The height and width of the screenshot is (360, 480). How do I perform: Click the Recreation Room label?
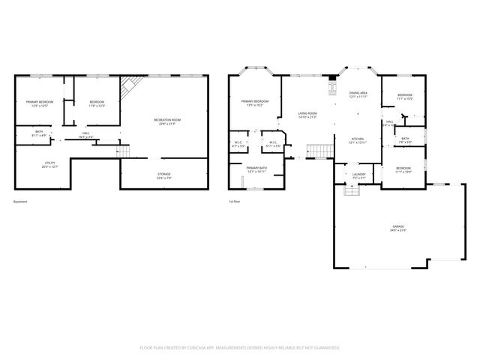pyautogui.click(x=167, y=121)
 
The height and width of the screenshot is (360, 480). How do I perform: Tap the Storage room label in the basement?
pyautogui.click(x=163, y=175)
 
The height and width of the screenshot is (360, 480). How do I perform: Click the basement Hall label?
pyautogui.click(x=86, y=135)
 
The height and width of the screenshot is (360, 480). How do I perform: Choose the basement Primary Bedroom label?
pyautogui.click(x=39, y=103)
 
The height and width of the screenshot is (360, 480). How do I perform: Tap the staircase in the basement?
pyautogui.click(x=126, y=152)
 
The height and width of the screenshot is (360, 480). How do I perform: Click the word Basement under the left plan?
pyautogui.click(x=21, y=202)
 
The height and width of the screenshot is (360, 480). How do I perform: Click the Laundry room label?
pyautogui.click(x=358, y=175)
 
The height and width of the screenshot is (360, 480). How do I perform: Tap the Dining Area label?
pyautogui.click(x=358, y=95)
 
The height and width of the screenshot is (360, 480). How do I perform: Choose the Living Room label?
pyautogui.click(x=307, y=115)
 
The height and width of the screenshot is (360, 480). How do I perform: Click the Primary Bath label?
pyautogui.click(x=256, y=169)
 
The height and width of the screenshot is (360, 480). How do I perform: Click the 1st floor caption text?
pyautogui.click(x=235, y=202)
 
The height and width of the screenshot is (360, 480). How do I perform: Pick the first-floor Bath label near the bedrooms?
pyautogui.click(x=404, y=139)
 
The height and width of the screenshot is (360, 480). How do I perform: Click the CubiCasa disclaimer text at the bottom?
pyautogui.click(x=240, y=347)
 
